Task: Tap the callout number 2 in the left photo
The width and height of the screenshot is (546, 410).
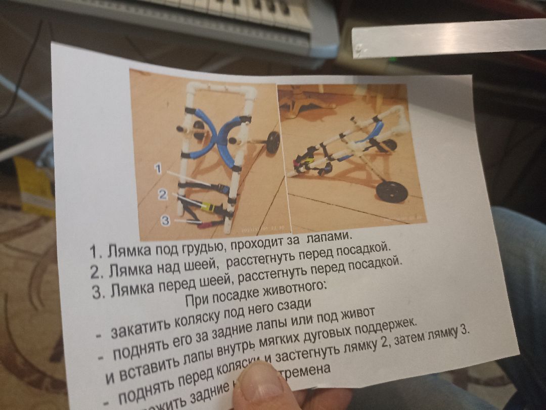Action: [x=162, y=194]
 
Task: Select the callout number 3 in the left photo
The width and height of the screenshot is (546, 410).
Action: [x=165, y=220]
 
